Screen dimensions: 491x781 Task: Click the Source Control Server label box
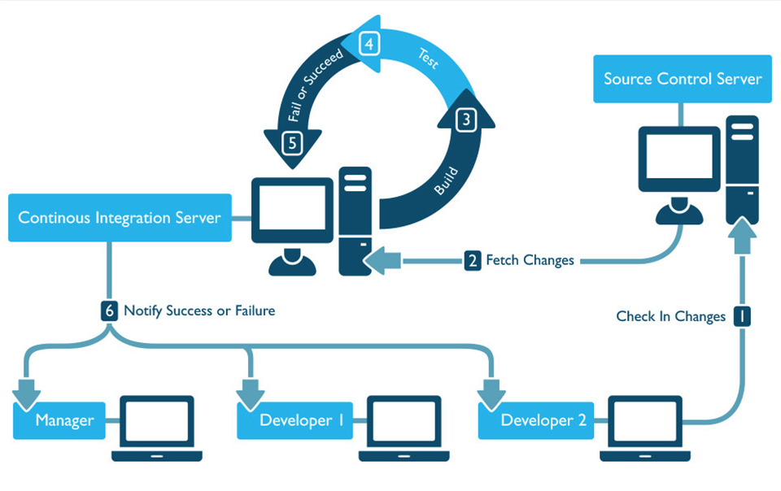point(682,79)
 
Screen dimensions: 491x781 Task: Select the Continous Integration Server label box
point(120,218)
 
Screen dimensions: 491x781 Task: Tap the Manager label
point(64,420)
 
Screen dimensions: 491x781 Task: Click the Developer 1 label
point(301,420)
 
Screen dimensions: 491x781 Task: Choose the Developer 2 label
point(541,420)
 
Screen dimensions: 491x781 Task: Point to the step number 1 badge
point(741,315)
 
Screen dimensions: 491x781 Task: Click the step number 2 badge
point(473,261)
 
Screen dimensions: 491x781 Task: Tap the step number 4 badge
point(369,44)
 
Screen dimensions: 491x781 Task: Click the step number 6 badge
point(110,311)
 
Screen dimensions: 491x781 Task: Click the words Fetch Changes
point(530,261)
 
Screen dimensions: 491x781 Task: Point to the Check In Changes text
point(670,316)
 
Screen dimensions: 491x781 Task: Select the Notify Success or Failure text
point(199,311)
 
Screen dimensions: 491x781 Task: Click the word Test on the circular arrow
point(428,59)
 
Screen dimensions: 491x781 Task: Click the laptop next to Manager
point(157,428)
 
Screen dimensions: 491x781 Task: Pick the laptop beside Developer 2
point(645,428)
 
